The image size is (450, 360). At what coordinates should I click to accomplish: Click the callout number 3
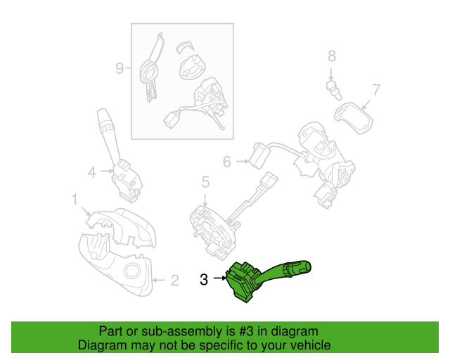pyautogui.click(x=204, y=279)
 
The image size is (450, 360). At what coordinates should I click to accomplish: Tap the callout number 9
pyautogui.click(x=120, y=68)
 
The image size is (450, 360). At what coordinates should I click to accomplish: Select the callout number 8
pyautogui.click(x=332, y=56)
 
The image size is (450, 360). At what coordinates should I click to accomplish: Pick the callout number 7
pyautogui.click(x=376, y=89)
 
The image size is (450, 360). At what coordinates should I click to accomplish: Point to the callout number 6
pyautogui.click(x=226, y=162)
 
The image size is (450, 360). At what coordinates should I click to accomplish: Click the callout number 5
pyautogui.click(x=205, y=182)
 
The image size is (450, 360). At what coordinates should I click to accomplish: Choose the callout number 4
pyautogui.click(x=92, y=172)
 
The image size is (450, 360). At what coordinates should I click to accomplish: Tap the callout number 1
pyautogui.click(x=75, y=200)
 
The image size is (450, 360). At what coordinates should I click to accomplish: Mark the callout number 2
pyautogui.click(x=175, y=280)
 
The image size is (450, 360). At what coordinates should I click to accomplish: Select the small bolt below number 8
pyautogui.click(x=334, y=90)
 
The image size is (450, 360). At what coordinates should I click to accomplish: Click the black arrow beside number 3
pyautogui.click(x=220, y=278)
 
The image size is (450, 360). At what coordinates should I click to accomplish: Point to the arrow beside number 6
pyautogui.click(x=243, y=161)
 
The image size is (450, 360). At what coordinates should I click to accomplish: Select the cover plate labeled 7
pyautogui.click(x=353, y=118)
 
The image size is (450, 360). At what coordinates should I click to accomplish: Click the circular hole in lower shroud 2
pyautogui.click(x=131, y=271)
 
